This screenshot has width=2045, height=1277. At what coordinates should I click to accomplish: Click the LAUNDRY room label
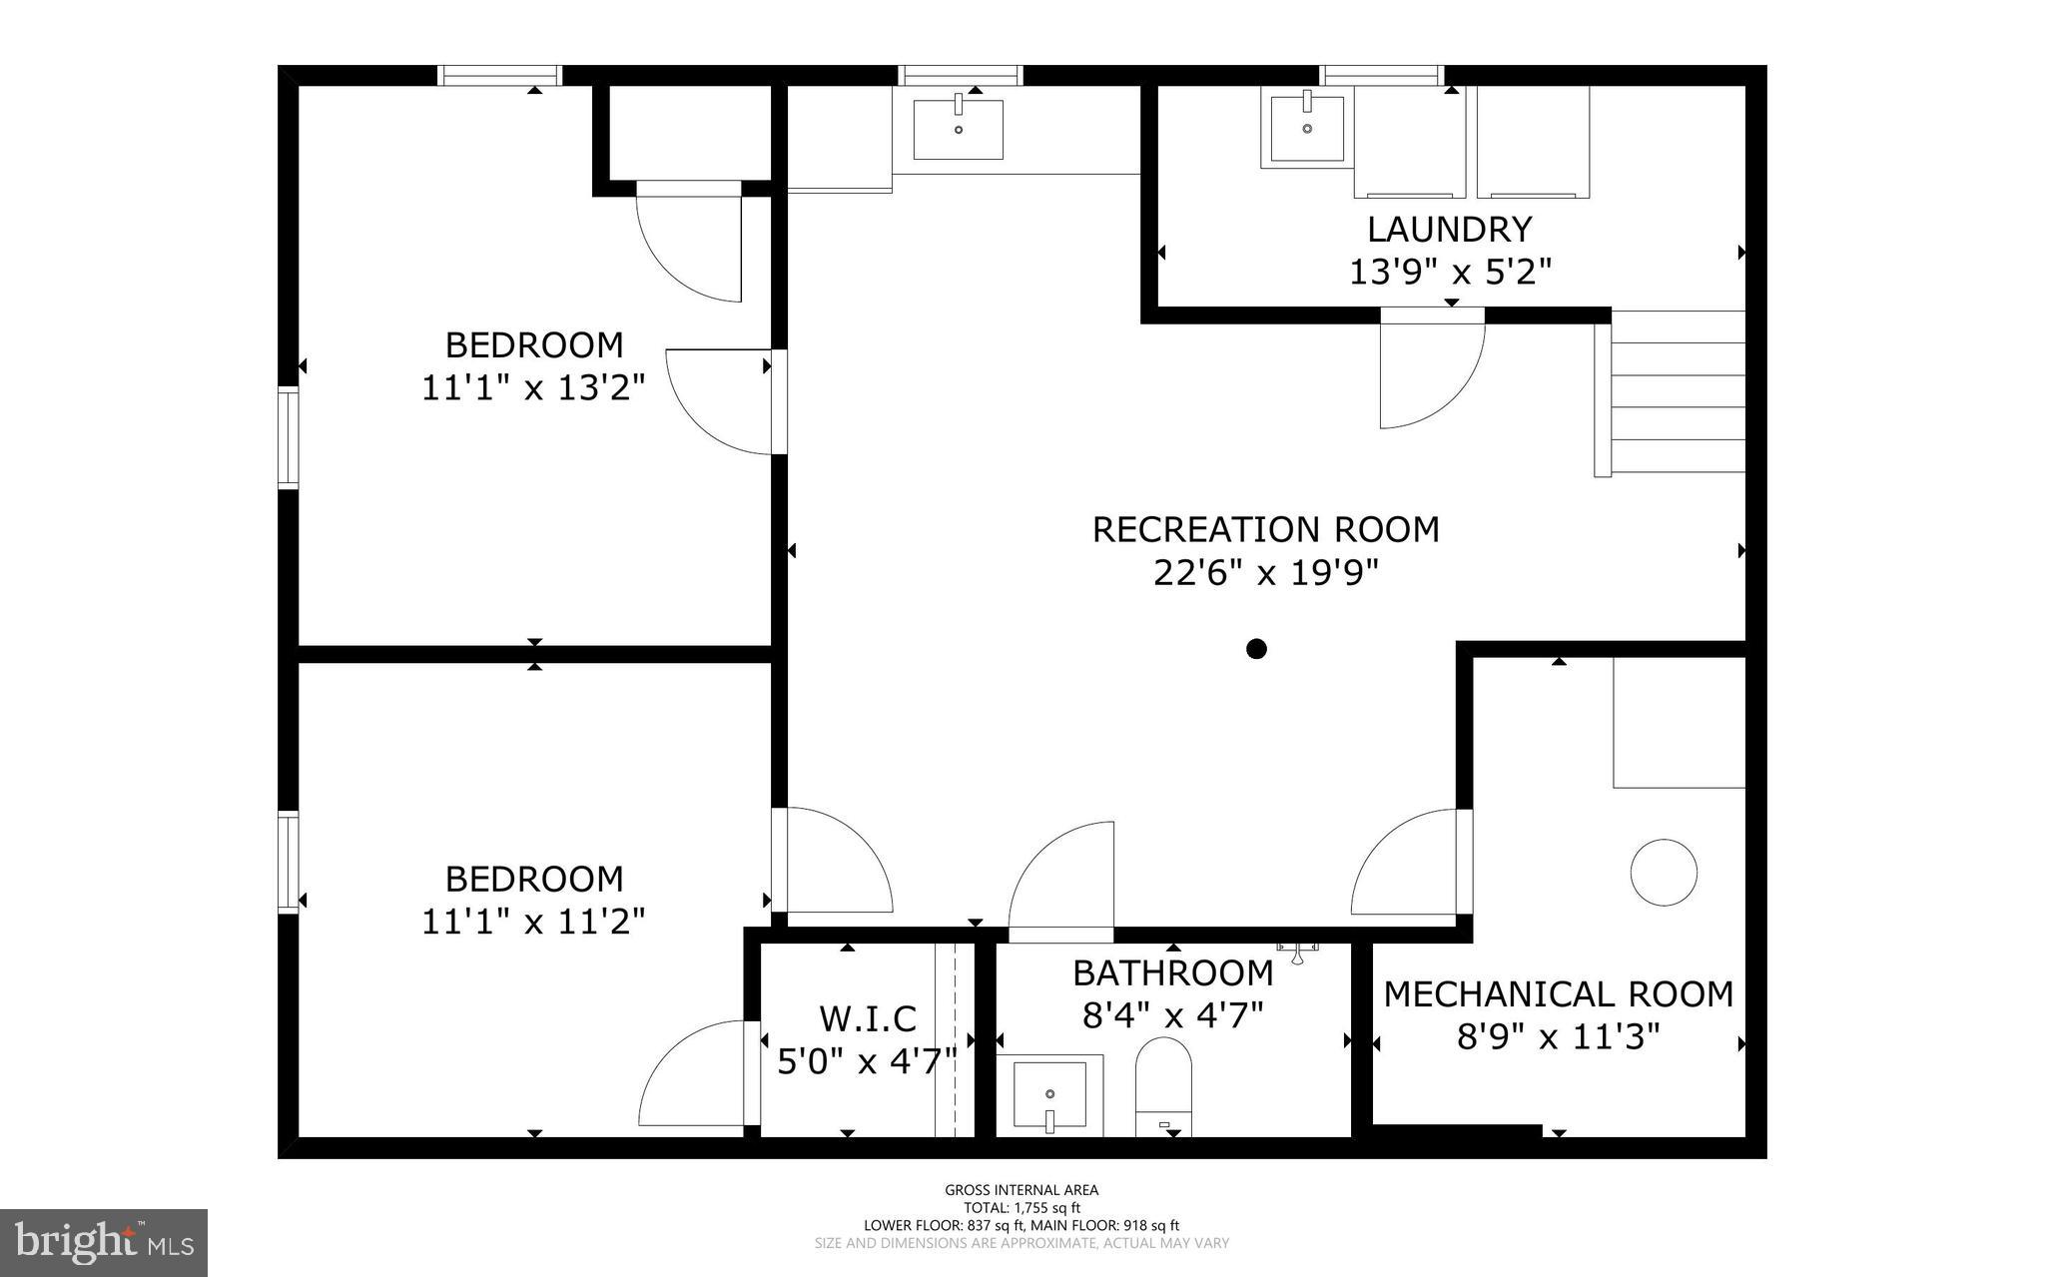pos(1449,230)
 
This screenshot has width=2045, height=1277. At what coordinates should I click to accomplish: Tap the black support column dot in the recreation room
pos(1256,649)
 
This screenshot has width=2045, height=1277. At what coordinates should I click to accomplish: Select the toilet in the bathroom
pos(1164,1088)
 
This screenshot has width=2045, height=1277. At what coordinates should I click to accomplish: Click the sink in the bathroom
pos(1049,1095)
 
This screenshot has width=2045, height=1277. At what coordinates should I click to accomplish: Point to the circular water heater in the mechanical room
pos(1664,872)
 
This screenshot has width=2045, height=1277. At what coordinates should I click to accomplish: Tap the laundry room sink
pos(1306,128)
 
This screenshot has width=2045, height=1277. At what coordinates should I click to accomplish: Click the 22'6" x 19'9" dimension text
pos(1265,573)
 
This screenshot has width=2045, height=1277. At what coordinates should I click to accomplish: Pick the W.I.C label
pos(868,1018)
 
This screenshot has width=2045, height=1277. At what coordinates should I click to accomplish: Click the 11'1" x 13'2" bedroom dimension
pos(533,387)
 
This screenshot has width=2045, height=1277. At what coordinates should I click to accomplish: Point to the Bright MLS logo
pos(104,1242)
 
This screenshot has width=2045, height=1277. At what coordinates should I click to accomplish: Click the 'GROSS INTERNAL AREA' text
pos(1022,1189)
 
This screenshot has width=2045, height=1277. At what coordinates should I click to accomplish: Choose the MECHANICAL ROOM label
pos(1558,994)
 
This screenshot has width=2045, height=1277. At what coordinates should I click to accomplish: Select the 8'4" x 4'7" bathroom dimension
pos(1173,1015)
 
